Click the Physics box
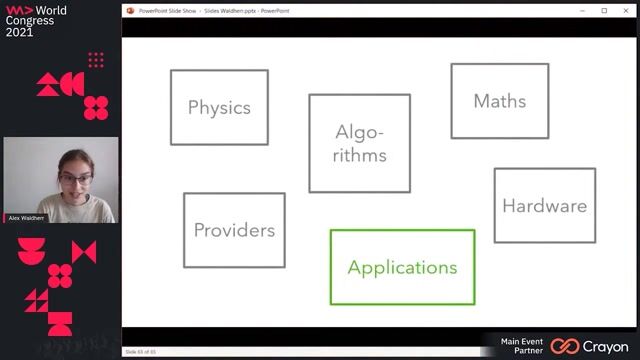[219, 107]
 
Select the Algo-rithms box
[359, 143]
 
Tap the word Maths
[499, 101]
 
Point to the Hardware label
[544, 206]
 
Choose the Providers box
[234, 230]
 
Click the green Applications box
[402, 267]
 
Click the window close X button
[625, 10]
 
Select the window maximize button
[604, 10]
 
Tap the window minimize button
[583, 10]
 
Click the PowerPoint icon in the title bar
[131, 10]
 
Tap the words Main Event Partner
[523, 346]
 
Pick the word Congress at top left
[30, 20]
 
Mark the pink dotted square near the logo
[96, 60]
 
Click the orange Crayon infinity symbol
[565, 346]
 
